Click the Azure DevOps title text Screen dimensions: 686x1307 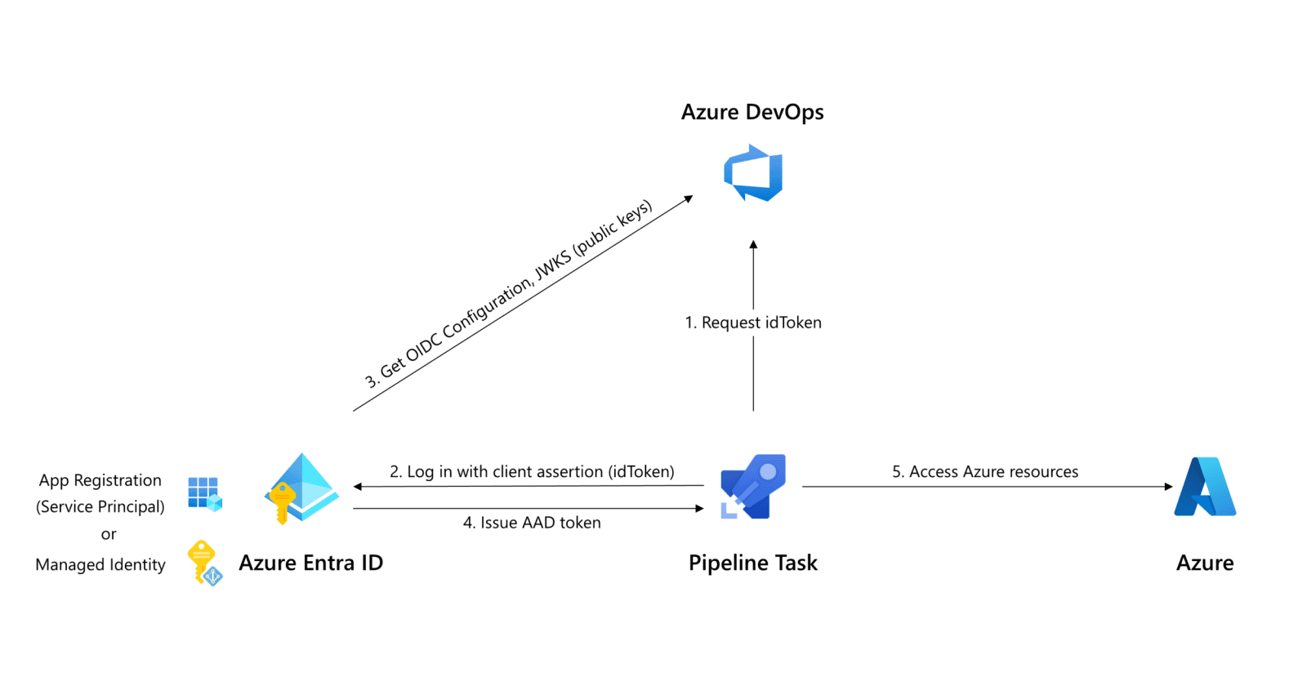(752, 112)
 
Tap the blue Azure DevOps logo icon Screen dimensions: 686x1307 (753, 173)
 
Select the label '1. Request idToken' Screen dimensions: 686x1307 (752, 323)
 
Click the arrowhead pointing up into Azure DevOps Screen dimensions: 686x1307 (753, 245)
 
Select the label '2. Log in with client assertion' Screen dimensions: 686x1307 (532, 471)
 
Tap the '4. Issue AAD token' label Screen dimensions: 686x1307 (532, 523)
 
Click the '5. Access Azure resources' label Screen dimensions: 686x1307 (984, 471)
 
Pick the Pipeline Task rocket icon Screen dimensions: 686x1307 (752, 487)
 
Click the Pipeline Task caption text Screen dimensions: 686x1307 (752, 563)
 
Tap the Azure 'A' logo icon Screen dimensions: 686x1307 (1205, 487)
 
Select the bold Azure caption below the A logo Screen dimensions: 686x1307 (1205, 563)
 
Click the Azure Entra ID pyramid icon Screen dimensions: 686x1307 (301, 488)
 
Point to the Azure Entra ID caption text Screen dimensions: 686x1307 (310, 563)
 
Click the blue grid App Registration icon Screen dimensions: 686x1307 (204, 493)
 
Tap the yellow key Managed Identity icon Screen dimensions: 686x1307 (203, 563)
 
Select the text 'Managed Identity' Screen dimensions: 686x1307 (100, 564)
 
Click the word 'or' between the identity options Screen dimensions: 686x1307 (109, 534)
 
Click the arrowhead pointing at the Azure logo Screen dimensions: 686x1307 (1168, 487)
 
